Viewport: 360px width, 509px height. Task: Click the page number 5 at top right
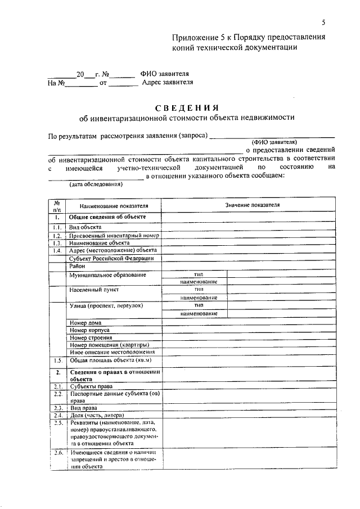(x=323, y=22)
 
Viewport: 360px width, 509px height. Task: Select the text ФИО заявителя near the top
(x=165, y=74)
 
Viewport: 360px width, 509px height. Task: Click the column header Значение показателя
(x=252, y=205)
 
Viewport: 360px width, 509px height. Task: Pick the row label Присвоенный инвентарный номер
(x=114, y=235)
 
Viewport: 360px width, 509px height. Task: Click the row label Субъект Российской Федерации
(x=111, y=258)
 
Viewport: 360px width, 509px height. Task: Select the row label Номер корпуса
(x=89, y=330)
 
